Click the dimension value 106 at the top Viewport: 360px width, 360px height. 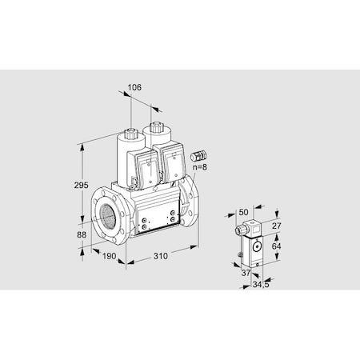134,89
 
